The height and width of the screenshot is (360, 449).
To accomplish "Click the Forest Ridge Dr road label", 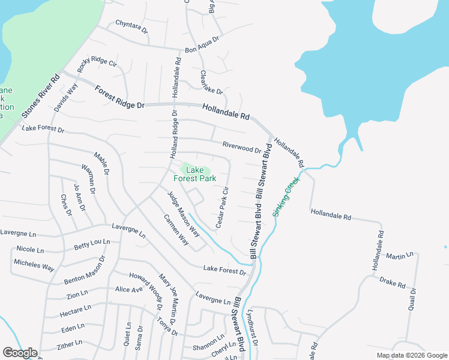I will pos(120,97).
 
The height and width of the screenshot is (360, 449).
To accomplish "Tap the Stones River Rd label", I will pos(41,95).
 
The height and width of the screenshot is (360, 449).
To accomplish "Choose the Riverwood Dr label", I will pos(241,147).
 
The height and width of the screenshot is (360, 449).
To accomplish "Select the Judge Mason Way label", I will pos(183,213).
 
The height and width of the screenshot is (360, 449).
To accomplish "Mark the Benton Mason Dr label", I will pos(85,271).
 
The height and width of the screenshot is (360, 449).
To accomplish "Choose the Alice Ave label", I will pos(129,289).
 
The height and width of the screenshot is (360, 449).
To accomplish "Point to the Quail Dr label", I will pos(412,299).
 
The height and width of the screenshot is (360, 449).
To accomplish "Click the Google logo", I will pos(20,353).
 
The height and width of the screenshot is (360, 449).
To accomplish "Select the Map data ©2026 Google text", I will pos(411,355).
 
